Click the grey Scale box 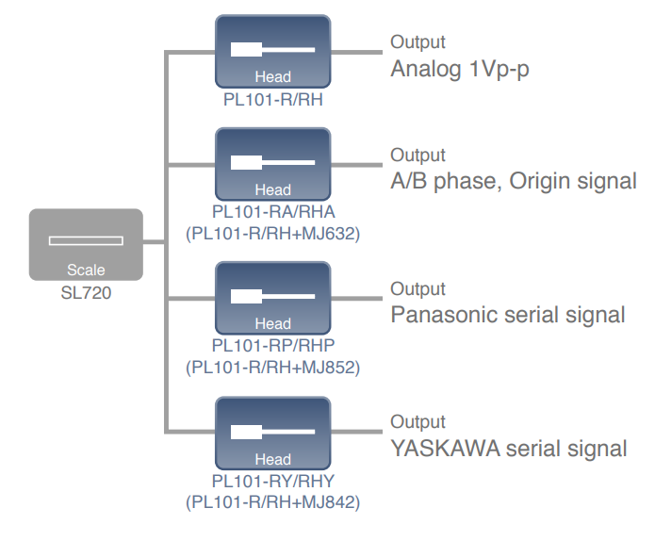86,244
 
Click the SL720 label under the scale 86,292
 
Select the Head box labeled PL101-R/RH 272,51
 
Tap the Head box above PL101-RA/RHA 272,164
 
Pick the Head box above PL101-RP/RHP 272,298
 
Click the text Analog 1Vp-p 468,71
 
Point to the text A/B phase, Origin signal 514,180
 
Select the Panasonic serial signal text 508,314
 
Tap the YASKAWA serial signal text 509,448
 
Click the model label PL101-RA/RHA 273,211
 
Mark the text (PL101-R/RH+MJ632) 273,231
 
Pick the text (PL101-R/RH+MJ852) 273,366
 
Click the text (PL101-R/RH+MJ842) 273,501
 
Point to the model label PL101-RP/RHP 273,345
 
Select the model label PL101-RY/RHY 273,481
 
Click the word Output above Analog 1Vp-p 418,42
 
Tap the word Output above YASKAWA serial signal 418,422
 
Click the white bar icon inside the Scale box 86,240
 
